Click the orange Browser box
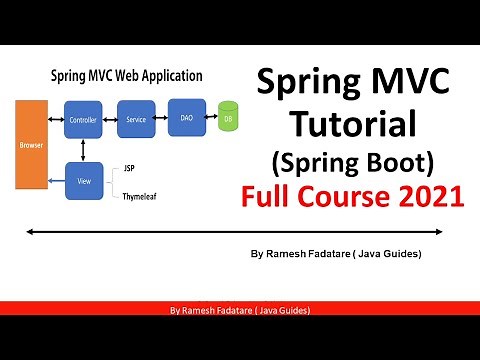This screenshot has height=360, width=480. (x=29, y=144)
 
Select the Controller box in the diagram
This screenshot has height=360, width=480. (x=81, y=120)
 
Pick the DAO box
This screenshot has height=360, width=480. (x=186, y=117)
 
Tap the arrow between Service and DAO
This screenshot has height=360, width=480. (x=160, y=118)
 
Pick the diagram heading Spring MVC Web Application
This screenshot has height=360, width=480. (x=127, y=76)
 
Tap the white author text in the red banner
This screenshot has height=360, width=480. (x=240, y=311)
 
